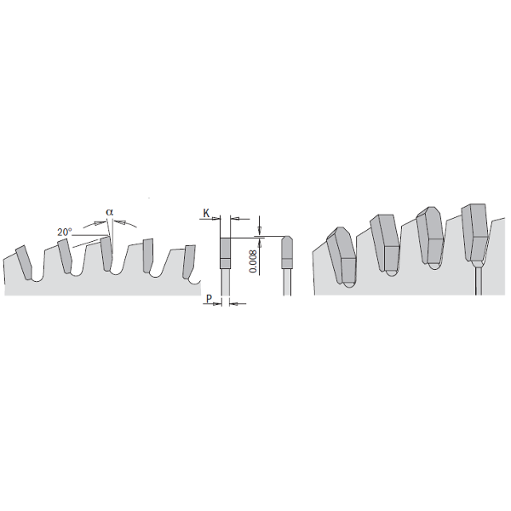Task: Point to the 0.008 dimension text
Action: [253, 259]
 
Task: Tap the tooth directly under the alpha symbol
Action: [106, 254]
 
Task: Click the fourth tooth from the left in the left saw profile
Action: [148, 255]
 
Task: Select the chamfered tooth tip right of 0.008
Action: [288, 252]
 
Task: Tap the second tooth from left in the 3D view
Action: [385, 243]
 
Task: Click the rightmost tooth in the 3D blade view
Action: [474, 230]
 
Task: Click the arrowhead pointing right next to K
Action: [214, 217]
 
